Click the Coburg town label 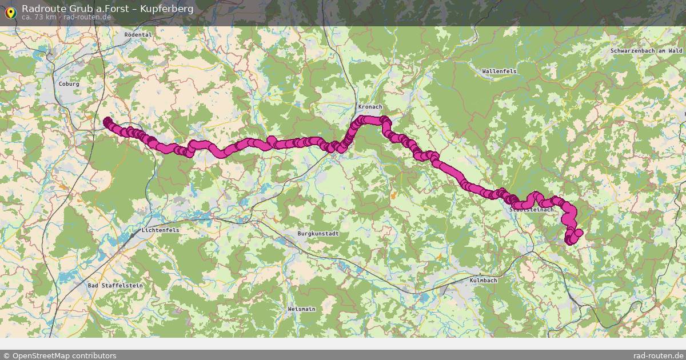[x=69, y=84]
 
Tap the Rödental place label [x=138, y=35]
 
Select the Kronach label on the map [x=370, y=107]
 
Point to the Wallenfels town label [x=499, y=71]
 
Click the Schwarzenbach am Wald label [x=646, y=51]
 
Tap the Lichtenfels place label [x=160, y=230]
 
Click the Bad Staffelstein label [x=115, y=285]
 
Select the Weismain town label [x=301, y=309]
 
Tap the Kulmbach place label [x=483, y=281]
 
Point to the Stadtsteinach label [x=531, y=210]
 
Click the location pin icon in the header [x=10, y=12]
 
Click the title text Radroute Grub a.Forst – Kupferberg [x=107, y=9]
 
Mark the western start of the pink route [x=107, y=121]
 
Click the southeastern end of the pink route [x=569, y=241]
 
